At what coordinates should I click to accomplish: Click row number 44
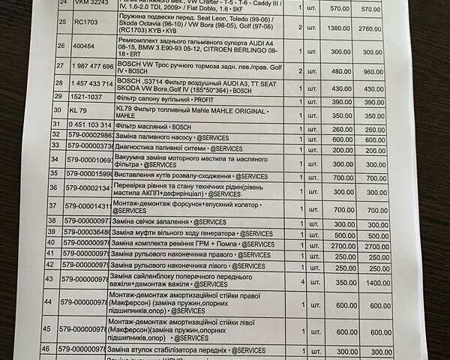pos(48,302)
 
